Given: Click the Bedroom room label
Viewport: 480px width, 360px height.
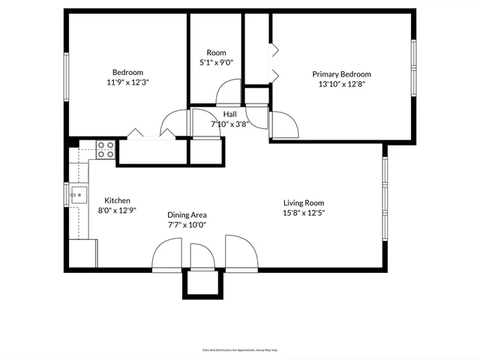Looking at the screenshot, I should point(127,73).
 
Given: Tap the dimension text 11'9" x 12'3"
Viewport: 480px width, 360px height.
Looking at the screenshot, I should point(127,83).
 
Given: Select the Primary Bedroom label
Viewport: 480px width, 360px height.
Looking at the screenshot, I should point(341,74).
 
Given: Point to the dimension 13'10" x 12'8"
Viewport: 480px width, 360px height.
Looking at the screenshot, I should point(341,85).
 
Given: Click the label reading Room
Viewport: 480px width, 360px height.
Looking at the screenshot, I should point(216,52).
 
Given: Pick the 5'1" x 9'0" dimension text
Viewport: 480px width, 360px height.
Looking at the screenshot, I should point(216,63).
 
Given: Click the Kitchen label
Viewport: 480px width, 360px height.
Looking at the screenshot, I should point(117,200).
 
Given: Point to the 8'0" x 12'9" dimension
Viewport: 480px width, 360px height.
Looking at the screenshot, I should point(117,211).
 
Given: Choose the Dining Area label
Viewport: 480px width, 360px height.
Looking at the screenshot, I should point(187,214).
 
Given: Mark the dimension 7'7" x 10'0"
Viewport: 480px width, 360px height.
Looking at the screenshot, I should point(187,224).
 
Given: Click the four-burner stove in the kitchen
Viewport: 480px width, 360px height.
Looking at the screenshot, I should point(106,150).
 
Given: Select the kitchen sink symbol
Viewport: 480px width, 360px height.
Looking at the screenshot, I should point(77,195).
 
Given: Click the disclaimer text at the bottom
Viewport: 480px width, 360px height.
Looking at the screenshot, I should point(239,349).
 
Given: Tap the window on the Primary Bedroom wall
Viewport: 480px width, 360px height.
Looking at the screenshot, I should point(413,67).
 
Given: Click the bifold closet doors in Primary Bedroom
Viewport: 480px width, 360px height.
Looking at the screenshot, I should point(274,63).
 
